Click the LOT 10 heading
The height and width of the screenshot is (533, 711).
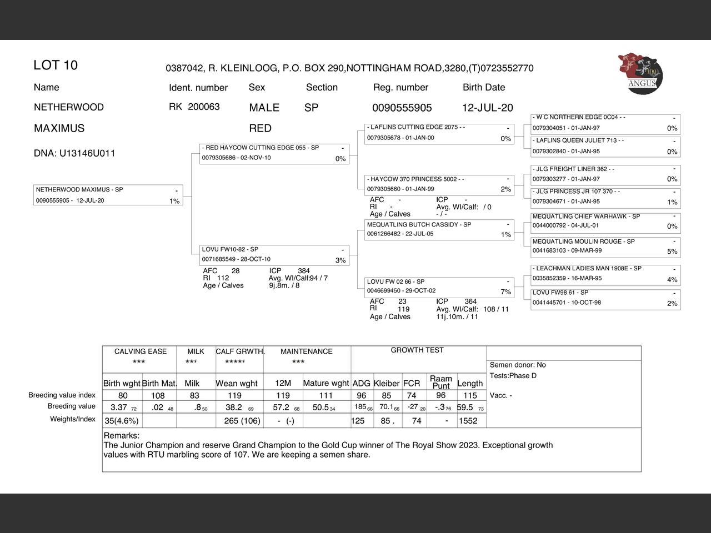pyautogui.click(x=56, y=66)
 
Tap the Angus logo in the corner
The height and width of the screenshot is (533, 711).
pyautogui.click(x=640, y=74)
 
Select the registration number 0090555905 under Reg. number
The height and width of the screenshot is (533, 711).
pyautogui.click(x=402, y=108)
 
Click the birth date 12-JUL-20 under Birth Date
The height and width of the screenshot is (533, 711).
pyautogui.click(x=487, y=108)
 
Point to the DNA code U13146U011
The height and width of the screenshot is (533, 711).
pyautogui.click(x=74, y=153)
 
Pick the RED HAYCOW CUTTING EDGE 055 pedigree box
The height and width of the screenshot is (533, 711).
pyautogui.click(x=274, y=153)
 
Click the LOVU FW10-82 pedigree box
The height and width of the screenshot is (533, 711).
pyautogui.click(x=274, y=255)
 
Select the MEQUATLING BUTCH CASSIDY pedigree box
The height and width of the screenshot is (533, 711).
pyautogui.click(x=439, y=229)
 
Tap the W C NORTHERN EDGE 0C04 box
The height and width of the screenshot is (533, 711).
pyautogui.click(x=605, y=123)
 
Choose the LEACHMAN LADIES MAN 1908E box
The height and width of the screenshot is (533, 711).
pyautogui.click(x=605, y=274)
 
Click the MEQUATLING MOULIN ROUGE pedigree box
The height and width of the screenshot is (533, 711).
pyautogui.click(x=605, y=247)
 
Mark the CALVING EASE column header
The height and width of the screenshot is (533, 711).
pyautogui.click(x=140, y=351)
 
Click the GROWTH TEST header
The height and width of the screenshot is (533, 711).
pyautogui.click(x=417, y=350)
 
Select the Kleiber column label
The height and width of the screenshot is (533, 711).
pyautogui.click(x=387, y=383)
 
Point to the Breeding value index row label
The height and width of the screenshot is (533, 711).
pyautogui.click(x=62, y=395)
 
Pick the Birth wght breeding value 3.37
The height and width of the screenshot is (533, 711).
pyautogui.click(x=119, y=408)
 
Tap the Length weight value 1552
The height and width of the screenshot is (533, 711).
pyautogui.click(x=468, y=421)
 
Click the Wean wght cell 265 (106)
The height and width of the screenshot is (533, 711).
pyautogui.click(x=242, y=421)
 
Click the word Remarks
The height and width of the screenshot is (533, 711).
pyautogui.click(x=122, y=436)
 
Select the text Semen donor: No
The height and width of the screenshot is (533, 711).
pyautogui.click(x=518, y=365)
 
